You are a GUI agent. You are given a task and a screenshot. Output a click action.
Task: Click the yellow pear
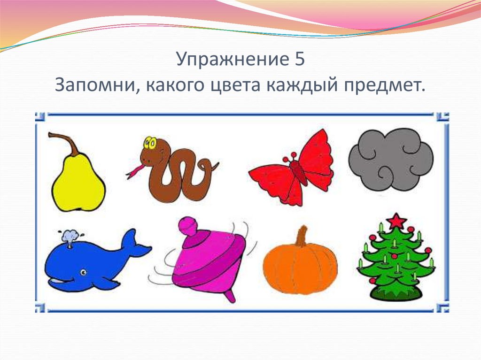coord(78,185)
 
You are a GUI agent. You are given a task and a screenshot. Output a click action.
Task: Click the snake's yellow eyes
coord(150,142)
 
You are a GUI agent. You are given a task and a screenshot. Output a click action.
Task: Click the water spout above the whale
coord(70,237)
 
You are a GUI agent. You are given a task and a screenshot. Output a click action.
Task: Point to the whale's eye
coord(83,272)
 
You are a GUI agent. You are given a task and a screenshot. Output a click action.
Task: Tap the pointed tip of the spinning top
coord(230,298)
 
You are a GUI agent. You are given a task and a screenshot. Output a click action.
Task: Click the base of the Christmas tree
coord(396,293)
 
